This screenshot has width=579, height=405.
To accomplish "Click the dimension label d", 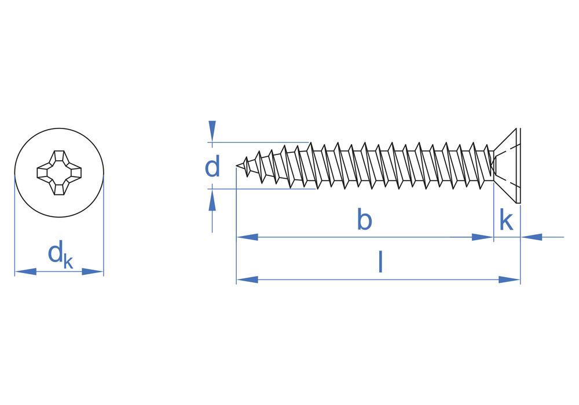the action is (212, 166).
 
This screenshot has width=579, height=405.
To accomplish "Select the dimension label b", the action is (364, 219).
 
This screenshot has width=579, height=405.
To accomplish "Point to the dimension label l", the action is (380, 262).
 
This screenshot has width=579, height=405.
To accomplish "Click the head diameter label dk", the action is (60, 254).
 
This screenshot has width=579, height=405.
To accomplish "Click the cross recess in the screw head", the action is (59, 172).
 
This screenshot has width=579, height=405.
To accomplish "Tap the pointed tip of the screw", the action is (237, 166).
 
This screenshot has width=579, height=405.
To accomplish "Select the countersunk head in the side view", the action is (505, 165).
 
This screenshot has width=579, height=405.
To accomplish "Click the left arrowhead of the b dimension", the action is (247, 237).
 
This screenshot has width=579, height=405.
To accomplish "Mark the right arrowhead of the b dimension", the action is (482, 237).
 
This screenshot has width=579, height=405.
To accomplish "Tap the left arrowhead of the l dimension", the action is (247, 279).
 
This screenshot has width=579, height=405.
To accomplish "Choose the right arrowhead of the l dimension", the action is (509, 279).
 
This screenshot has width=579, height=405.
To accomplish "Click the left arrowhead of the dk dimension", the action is (25, 272).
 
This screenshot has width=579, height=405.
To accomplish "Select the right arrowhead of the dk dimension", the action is (93, 272).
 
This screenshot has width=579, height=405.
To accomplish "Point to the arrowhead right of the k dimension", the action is (532, 237).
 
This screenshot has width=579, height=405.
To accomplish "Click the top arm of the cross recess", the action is (59, 156).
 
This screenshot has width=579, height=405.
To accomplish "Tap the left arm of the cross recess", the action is (43, 172).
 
